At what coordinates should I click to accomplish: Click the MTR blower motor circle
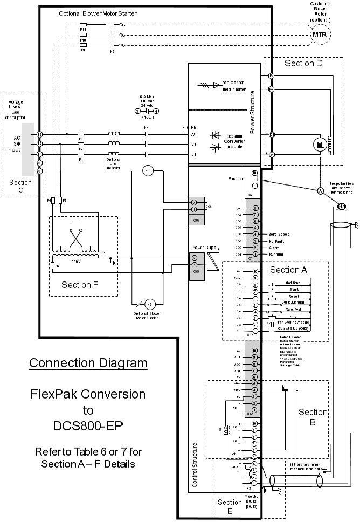pyautogui.click(x=319, y=34)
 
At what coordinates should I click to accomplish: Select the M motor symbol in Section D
pyautogui.click(x=320, y=145)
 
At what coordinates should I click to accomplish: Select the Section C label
pyautogui.click(x=20, y=186)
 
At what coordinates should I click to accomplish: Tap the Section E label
pyautogui.click(x=230, y=506)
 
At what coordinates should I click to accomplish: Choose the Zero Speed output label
pyautogui.click(x=280, y=235)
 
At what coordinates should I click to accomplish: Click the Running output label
pyautogui.click(x=277, y=253)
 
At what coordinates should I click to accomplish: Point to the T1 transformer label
pyautogui.click(x=103, y=253)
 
